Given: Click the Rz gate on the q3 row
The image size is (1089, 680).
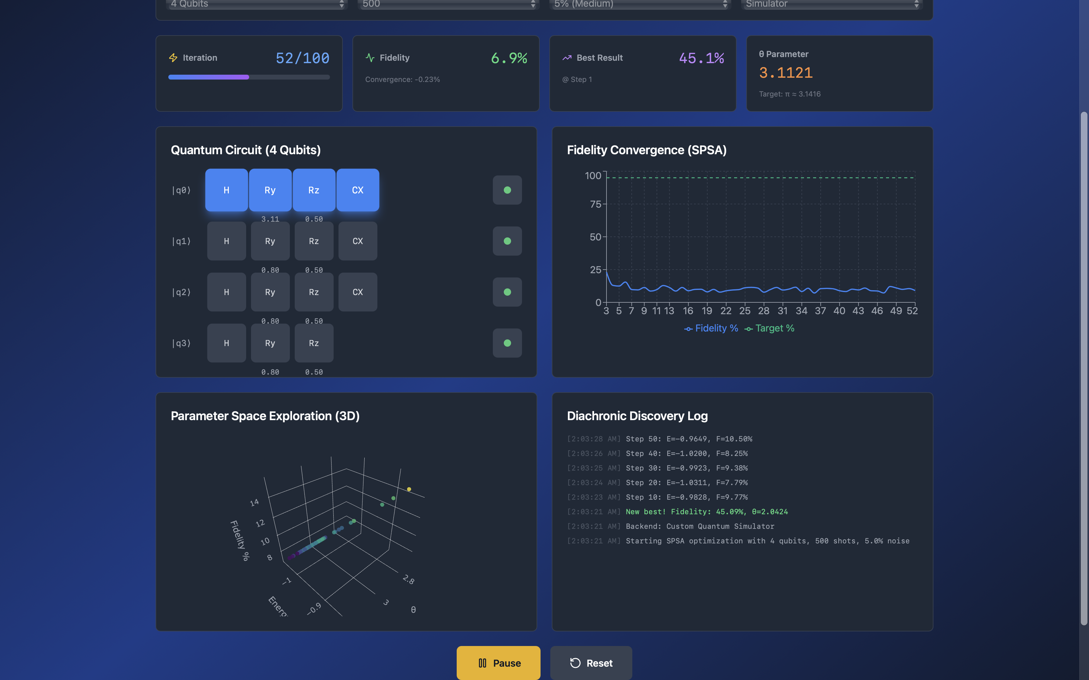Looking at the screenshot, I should (x=314, y=343).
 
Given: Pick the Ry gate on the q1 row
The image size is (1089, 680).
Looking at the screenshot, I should (x=270, y=241).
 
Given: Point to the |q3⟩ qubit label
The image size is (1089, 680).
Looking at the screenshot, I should (x=181, y=343).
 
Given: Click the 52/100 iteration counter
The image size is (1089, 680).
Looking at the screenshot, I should (x=302, y=58).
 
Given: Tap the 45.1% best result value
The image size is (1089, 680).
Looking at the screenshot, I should (x=701, y=58).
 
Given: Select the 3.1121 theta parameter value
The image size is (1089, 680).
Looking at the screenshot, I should (x=786, y=73).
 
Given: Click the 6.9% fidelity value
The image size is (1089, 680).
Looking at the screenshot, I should (x=509, y=58).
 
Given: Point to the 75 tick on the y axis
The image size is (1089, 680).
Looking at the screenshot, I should (x=595, y=204).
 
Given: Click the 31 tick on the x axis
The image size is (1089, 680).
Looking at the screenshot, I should (x=782, y=311).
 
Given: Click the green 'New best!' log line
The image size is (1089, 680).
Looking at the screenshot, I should (x=706, y=512).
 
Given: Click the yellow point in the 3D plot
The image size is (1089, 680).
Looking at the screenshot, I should (x=409, y=489).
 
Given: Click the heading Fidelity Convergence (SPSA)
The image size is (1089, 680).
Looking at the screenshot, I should (x=647, y=150).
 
